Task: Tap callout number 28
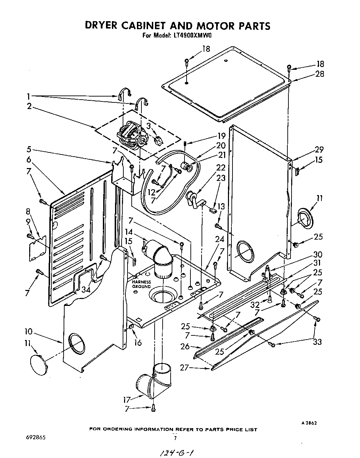pos(319,74)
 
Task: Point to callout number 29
pos(319,150)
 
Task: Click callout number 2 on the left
pos(29,106)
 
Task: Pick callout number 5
pos(29,150)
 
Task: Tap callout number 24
pos(219,239)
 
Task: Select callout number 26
pos(185,346)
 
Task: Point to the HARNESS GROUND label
pos(141,284)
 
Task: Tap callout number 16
pos(138,343)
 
